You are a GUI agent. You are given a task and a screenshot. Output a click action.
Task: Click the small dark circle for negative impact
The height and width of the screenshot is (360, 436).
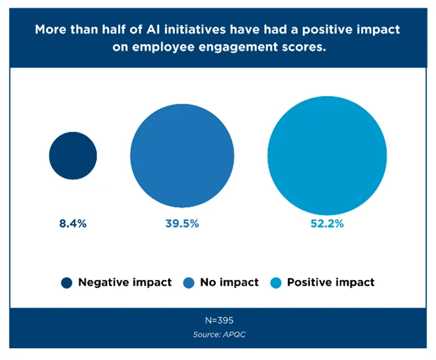click(x=73, y=156)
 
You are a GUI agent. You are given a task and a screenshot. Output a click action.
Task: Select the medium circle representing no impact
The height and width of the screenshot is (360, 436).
click(x=182, y=156)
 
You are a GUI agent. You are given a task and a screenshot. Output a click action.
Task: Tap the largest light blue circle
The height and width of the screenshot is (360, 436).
click(x=327, y=156)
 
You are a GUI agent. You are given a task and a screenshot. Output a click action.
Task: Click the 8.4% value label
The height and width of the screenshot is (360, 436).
click(x=72, y=223)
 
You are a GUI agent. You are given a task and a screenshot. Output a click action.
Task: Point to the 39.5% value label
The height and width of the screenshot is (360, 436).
click(x=182, y=223)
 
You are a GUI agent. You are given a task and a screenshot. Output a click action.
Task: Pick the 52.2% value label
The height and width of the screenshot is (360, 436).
click(x=327, y=223)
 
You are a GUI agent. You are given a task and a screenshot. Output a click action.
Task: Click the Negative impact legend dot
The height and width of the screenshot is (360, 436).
click(x=66, y=282)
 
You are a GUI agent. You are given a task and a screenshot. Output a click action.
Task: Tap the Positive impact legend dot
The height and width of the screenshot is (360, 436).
click(x=276, y=282)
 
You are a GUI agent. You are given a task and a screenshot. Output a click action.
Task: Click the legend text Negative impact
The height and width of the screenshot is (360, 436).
click(x=125, y=282)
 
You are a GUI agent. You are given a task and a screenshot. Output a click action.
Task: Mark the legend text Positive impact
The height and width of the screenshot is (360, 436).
click(x=331, y=282)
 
